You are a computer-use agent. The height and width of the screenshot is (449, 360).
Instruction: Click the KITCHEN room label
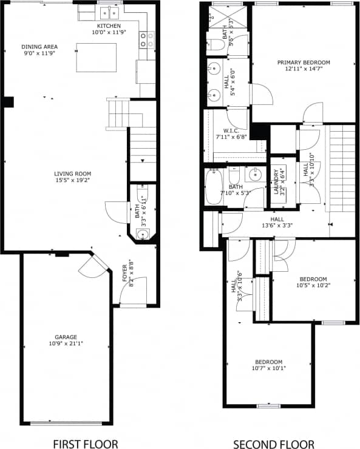107,26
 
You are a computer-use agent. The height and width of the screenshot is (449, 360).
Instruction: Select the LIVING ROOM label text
72,174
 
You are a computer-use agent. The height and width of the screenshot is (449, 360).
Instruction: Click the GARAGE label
66,337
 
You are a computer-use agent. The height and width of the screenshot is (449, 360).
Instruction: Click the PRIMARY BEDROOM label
304,62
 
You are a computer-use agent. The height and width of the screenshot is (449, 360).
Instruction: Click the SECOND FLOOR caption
274,444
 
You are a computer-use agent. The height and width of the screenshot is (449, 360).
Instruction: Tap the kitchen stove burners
146,39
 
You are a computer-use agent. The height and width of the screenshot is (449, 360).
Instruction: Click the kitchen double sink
109,12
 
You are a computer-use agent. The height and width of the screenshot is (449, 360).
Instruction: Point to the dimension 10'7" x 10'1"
268,368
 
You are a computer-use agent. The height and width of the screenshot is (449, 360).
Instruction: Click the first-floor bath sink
143,234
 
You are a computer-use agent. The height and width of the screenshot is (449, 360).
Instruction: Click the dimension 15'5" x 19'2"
72,180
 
